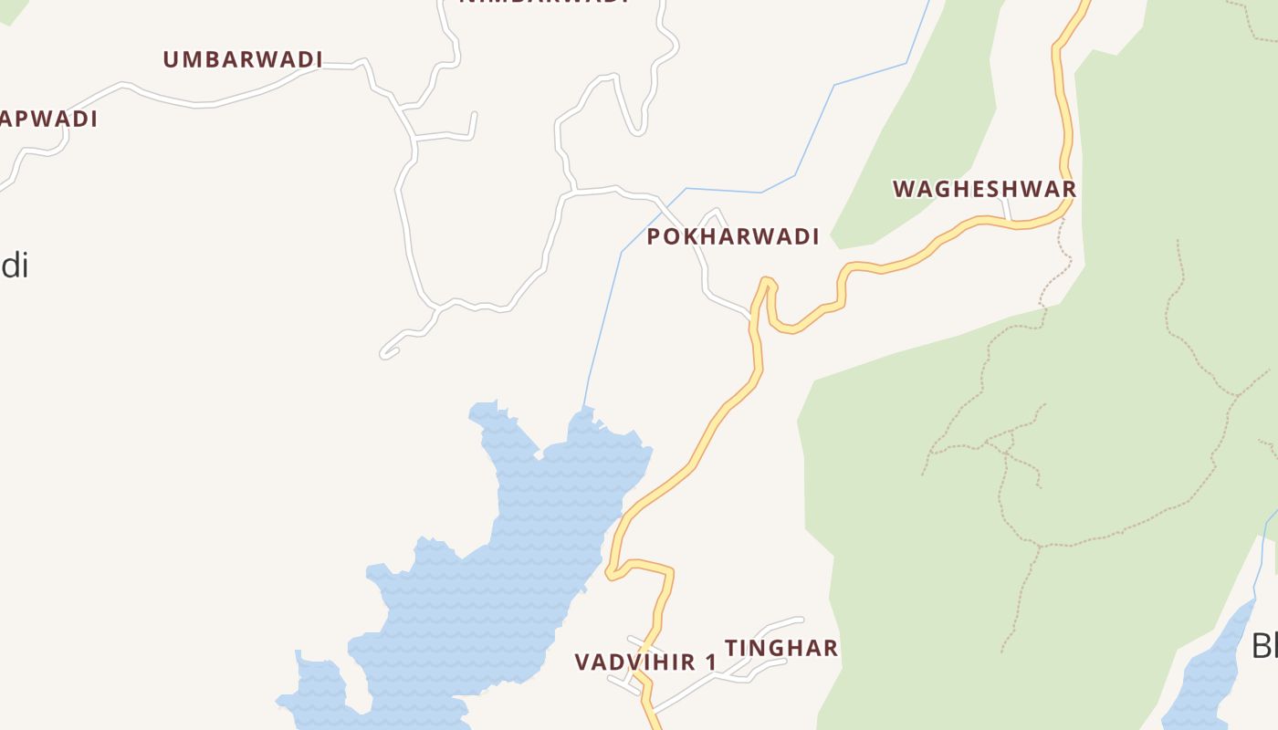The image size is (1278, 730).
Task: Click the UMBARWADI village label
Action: tap(243, 60)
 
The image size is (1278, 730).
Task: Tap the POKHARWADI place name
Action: tap(733, 237)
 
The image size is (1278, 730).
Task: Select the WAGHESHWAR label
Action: tap(984, 190)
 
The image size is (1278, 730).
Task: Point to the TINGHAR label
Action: tap(781, 649)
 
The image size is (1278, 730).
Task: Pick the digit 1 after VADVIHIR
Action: tap(711, 662)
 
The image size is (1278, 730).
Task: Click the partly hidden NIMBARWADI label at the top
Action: tap(544, 3)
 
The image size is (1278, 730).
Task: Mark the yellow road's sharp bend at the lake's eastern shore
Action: tap(610, 573)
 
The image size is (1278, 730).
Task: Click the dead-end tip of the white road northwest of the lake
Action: tap(384, 353)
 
